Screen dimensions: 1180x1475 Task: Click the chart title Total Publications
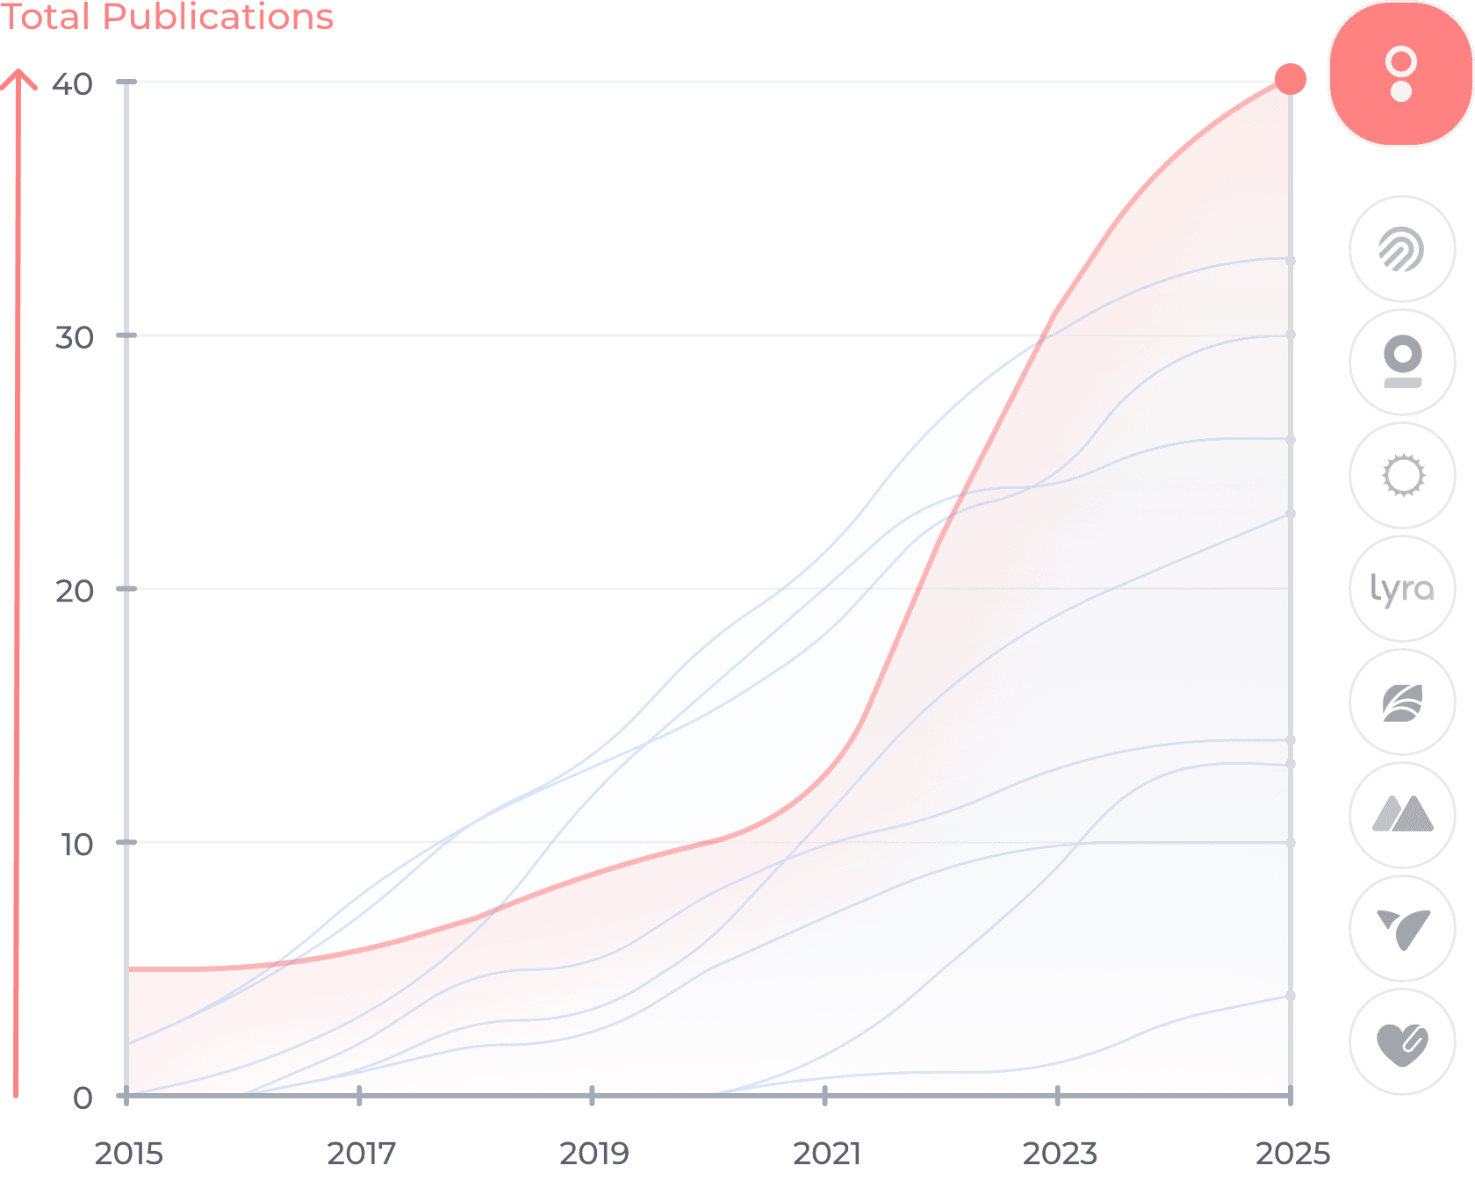167,17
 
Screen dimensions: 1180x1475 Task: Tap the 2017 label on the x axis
361,1152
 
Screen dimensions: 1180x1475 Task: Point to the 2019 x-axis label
594,1152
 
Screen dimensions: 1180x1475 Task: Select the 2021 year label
826,1152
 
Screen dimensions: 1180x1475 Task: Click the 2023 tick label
1060,1152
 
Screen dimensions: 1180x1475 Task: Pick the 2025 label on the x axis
1292,1152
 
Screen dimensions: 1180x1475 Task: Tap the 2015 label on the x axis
129,1152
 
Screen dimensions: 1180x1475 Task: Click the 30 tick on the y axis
75,337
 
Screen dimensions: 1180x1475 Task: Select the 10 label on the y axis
76,845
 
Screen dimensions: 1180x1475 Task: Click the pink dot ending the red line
1290,79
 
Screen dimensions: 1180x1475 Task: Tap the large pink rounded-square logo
1400,74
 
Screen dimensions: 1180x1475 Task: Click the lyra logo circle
1402,589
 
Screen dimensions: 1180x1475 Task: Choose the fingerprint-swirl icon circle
1402,249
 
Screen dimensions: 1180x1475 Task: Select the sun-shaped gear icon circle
1402,476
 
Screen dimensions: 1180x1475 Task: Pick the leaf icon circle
1402,702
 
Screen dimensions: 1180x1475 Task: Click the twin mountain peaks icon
1402,816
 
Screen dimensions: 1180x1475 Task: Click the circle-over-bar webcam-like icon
1402,362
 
